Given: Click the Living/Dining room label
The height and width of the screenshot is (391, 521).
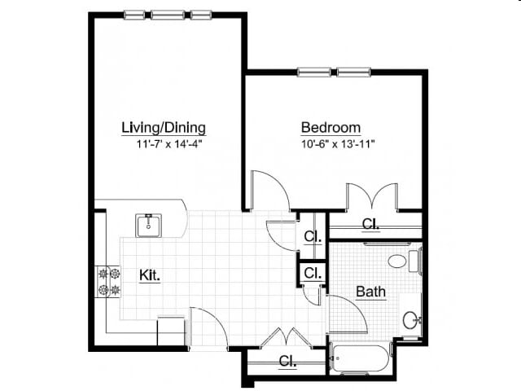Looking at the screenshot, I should (x=163, y=128).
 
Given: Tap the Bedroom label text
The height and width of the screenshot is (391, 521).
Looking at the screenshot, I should (x=331, y=128).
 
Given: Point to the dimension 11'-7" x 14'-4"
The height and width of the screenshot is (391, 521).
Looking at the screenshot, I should (x=169, y=144).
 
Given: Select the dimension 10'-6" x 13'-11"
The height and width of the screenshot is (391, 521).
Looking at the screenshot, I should (x=338, y=144).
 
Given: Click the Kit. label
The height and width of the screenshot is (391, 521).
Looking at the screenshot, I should (x=149, y=275).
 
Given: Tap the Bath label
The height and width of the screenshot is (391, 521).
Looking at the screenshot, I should (x=370, y=291).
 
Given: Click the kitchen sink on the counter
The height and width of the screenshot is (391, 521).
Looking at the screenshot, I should (x=149, y=225).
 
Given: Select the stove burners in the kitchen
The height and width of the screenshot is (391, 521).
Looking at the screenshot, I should (x=108, y=281).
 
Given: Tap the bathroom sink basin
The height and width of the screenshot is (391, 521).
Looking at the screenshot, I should (x=411, y=320).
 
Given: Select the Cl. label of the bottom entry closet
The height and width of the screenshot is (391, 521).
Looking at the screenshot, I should (x=287, y=361).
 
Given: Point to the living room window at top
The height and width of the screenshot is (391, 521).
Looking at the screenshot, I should (x=168, y=14).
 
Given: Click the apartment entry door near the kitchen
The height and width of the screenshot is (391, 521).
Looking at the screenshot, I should (x=208, y=326).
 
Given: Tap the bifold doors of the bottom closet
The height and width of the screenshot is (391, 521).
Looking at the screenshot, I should (x=286, y=337).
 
